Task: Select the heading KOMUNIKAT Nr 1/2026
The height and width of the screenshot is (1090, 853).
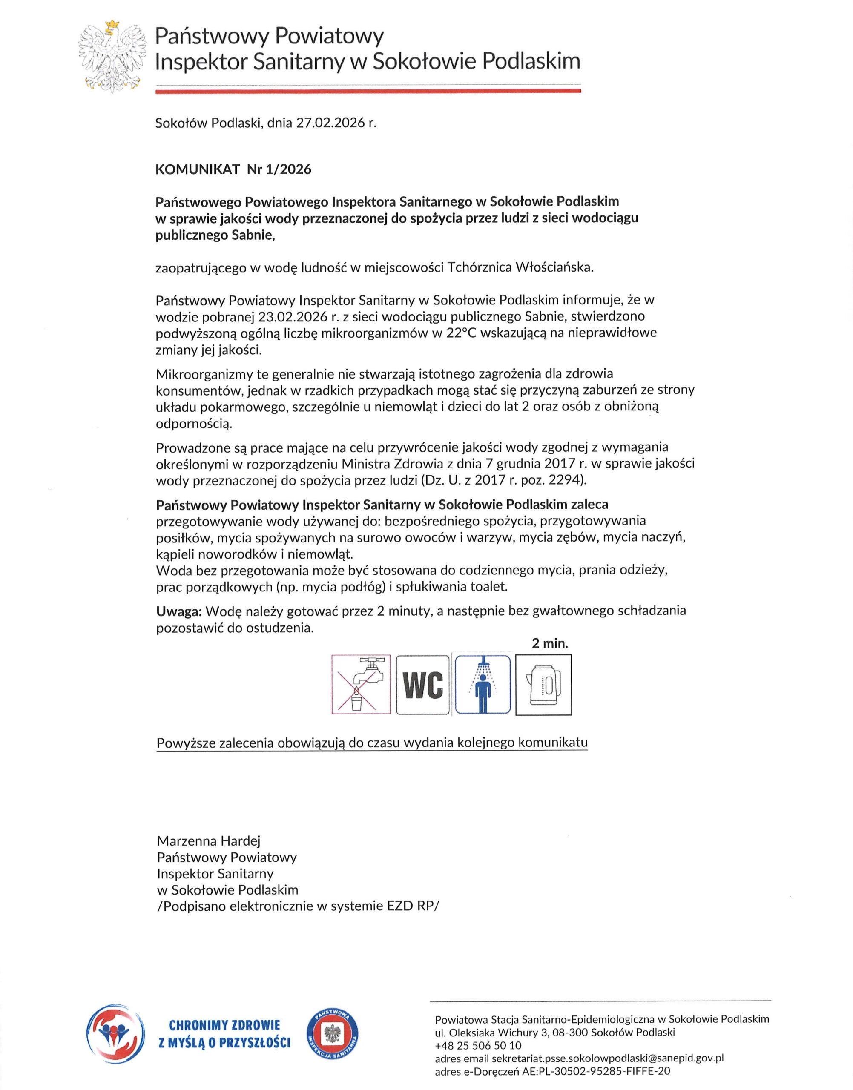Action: tap(233, 170)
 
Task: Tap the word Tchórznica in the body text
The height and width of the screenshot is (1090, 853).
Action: tap(480, 268)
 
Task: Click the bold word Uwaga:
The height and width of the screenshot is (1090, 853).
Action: tap(179, 611)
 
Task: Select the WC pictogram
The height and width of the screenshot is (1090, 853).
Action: tap(422, 685)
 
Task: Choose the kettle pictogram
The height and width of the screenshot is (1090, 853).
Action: tap(543, 685)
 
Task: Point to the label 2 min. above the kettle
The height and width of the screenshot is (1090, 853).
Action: tap(550, 644)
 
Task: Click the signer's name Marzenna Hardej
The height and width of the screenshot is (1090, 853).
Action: tap(209, 841)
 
